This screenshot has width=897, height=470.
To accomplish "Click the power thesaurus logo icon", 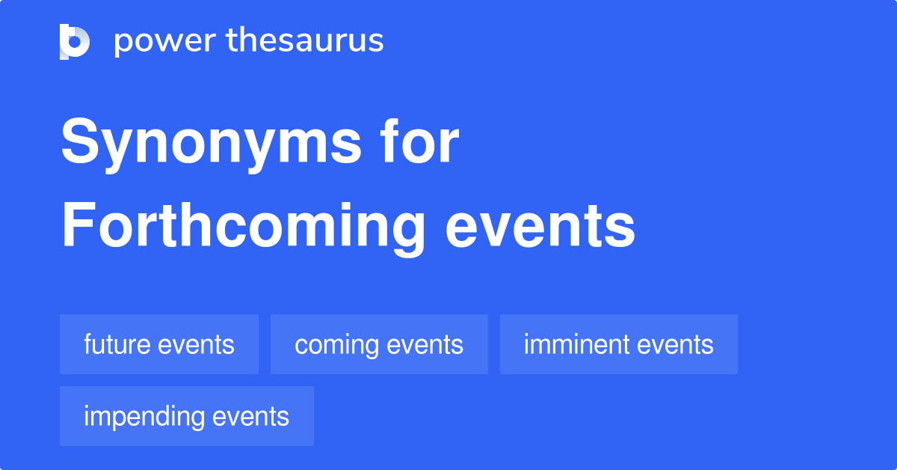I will [74, 41].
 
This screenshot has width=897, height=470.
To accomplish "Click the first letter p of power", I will [122, 43].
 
